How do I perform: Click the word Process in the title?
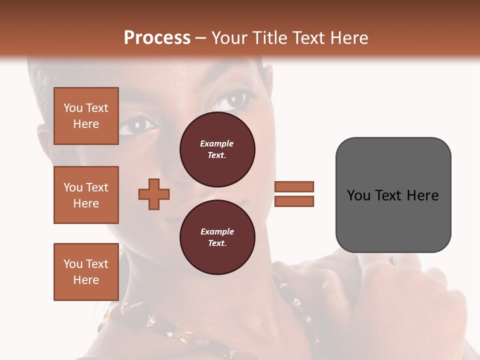point(157,38)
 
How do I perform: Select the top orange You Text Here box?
point(86,116)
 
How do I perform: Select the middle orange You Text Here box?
point(86,195)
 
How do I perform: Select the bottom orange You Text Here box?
point(86,271)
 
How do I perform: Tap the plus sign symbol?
point(154,194)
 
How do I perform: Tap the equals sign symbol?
point(294,194)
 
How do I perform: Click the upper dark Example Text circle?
point(217,149)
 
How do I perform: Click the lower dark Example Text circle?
point(217,237)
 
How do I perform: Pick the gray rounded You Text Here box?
point(393,195)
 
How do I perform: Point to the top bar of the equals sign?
point(294,186)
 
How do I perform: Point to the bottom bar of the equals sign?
point(294,201)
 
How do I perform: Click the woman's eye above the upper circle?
point(231,101)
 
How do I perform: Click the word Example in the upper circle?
point(216,143)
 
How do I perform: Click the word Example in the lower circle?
point(217,231)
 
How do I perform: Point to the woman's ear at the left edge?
point(45,140)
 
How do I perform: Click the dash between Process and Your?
point(201,38)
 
